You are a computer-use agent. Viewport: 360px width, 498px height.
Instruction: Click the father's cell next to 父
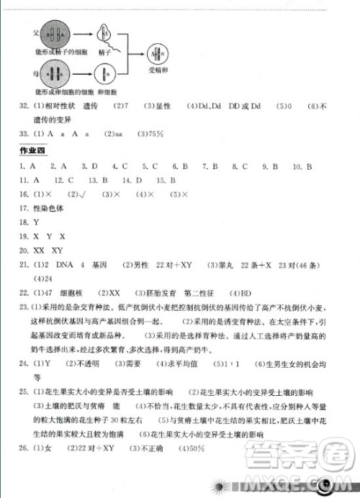point(54,35)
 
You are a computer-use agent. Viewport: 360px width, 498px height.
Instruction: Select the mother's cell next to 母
point(54,74)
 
